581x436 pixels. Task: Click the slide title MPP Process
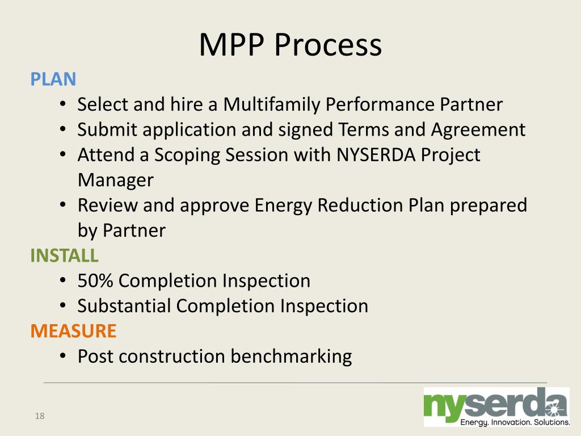click(x=290, y=45)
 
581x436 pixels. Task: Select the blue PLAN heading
click(x=53, y=79)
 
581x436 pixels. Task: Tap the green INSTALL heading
click(x=64, y=255)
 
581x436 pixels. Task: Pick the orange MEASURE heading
click(x=73, y=330)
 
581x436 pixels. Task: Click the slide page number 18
click(x=39, y=417)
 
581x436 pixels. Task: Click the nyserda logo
click(x=496, y=404)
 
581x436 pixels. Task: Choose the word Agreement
click(x=478, y=129)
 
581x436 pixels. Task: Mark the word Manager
click(x=115, y=180)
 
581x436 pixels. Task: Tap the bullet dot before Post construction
click(x=64, y=357)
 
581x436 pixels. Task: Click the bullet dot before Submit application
click(x=64, y=130)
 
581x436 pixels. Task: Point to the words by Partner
click(x=121, y=230)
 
